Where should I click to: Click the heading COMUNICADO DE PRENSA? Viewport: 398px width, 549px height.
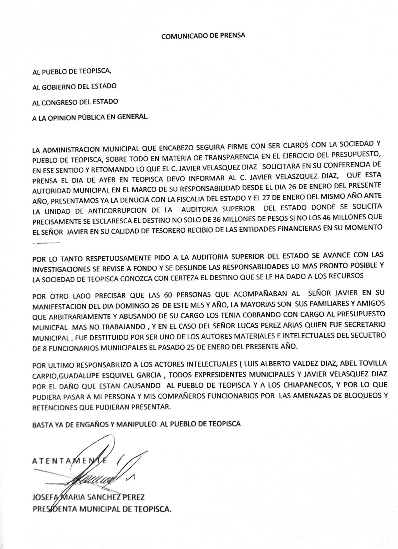(203, 35)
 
